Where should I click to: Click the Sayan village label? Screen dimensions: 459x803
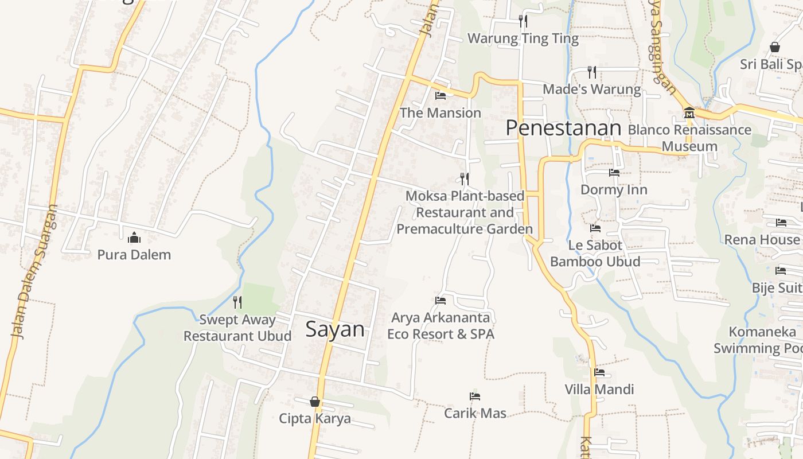coord(335,329)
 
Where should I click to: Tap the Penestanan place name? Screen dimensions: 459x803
coord(563,128)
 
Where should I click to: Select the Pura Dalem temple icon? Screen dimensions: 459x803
coord(134,237)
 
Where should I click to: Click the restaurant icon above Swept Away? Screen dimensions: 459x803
coord(237,302)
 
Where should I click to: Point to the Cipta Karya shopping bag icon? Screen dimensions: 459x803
coord(315,401)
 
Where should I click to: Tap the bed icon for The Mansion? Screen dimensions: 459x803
coord(441,95)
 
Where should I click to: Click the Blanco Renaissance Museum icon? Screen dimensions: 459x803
coord(689,112)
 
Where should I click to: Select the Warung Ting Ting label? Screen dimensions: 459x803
coord(523,38)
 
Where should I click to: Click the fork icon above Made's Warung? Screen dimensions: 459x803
coord(592,72)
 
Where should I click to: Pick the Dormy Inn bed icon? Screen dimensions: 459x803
coord(614,172)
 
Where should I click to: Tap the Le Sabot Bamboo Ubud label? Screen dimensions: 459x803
coord(595,254)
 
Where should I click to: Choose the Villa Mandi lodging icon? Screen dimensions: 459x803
coord(599,372)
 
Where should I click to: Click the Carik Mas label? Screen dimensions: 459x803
coord(475,413)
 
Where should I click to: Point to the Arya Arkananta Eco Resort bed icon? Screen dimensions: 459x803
coord(441,300)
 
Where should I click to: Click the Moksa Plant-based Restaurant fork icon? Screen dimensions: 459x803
coord(465,178)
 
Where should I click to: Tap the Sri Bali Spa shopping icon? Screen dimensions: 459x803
coord(775,47)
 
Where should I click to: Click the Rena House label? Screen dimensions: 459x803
coord(762,239)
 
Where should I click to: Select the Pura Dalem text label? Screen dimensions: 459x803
coord(134,255)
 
